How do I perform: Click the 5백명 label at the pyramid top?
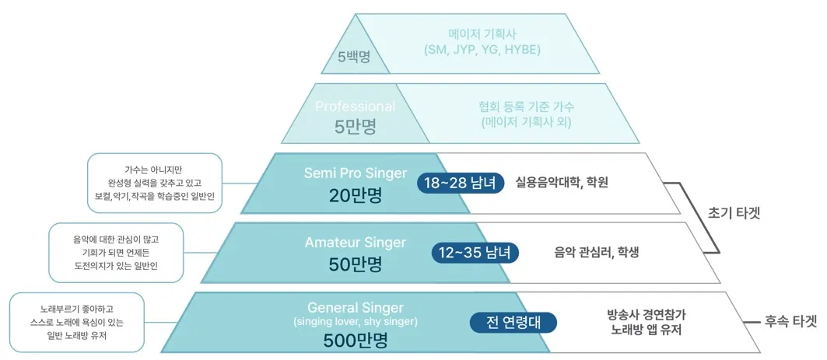click(353, 56)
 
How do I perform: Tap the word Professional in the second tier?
click(355, 107)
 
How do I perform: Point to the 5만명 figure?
click(356, 126)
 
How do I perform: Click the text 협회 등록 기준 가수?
click(527, 107)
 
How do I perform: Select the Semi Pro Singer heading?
click(356, 173)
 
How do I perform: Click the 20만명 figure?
click(356, 195)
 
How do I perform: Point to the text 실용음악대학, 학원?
click(562, 183)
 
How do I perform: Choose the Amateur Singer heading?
click(356, 243)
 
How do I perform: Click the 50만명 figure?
click(356, 264)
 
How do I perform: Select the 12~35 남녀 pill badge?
click(475, 252)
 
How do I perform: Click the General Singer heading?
click(356, 307)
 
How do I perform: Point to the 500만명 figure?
click(356, 340)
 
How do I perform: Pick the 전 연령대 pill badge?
click(513, 321)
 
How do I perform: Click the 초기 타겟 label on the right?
click(734, 213)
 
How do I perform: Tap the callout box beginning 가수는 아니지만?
click(154, 183)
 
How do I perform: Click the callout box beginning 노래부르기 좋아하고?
click(76, 322)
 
